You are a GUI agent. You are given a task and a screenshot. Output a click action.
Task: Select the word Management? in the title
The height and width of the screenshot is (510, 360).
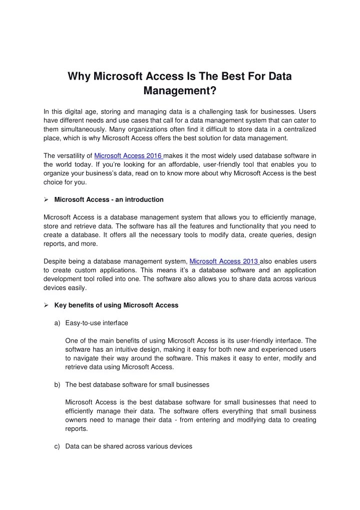point(180,91)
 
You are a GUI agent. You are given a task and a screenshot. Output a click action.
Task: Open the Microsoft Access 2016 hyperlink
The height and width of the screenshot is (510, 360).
point(129,155)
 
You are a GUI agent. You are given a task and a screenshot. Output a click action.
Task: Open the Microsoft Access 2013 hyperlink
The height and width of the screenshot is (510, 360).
point(224,261)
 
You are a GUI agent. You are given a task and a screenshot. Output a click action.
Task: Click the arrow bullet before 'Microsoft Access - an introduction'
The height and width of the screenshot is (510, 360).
point(46,199)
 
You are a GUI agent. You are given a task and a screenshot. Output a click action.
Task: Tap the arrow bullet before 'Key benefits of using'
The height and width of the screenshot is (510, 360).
point(46,305)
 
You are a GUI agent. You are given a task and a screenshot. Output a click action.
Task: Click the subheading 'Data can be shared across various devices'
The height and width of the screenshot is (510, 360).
point(129,446)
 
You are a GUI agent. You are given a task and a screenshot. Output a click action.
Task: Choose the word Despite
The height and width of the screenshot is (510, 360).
point(55,261)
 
